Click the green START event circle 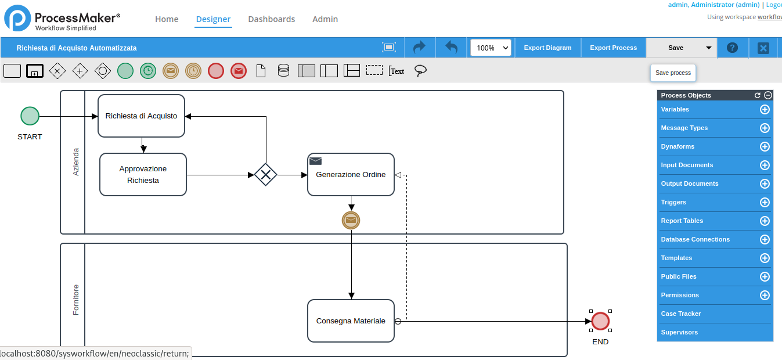coord(30,116)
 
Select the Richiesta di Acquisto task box coord(142,116)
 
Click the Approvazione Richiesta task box coord(143,175)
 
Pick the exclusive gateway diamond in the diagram coord(266,175)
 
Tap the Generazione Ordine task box coord(351,175)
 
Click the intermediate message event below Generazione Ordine coord(351,220)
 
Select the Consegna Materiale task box coord(351,321)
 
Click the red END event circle coord(600,321)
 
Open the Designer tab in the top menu coord(213,19)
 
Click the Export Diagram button coord(547,48)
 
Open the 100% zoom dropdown coord(491,48)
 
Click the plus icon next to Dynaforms coord(765,147)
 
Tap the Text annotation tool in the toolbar coord(397,71)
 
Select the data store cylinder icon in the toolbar coord(283,71)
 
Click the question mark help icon coord(732,48)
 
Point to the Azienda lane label coord(75,161)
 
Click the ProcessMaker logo coord(62,18)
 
